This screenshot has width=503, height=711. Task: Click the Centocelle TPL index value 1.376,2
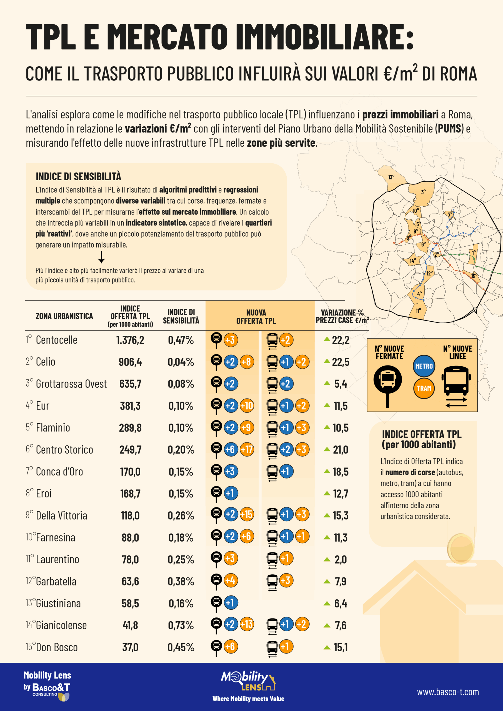coord(130,340)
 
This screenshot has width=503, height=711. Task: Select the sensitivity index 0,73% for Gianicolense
coord(181,625)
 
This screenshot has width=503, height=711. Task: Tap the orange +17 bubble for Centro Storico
coord(247,449)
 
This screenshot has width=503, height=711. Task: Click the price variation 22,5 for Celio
coord(341,362)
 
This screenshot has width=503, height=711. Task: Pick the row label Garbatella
coord(56,581)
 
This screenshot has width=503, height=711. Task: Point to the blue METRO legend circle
coord(424,366)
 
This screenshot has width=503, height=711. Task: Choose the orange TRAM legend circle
coord(424,388)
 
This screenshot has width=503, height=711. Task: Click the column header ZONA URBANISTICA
coord(64,316)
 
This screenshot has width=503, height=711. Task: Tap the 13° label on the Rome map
coord(391,177)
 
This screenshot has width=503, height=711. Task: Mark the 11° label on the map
coord(418,310)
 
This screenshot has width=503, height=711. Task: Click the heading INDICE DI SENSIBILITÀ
coord(78,177)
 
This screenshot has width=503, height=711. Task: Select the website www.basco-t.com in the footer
coord(447,692)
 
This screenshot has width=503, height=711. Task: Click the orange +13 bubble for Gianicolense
coord(247,624)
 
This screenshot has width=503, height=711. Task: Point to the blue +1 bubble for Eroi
coord(231,493)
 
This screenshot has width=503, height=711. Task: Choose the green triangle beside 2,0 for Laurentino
coord(327,559)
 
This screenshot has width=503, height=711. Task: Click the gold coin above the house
coord(460,549)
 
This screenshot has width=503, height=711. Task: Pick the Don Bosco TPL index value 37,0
coord(130,647)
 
